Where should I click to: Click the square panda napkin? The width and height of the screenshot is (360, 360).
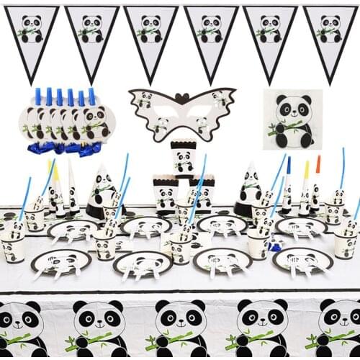coord(292,119)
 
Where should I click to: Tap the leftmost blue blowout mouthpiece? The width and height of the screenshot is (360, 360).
coord(38,96)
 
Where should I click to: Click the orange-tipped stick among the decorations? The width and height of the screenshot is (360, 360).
coord(318,164)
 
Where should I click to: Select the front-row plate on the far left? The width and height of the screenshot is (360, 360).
coord(60,261)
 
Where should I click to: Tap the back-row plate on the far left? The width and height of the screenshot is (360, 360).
coord(72,230)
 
